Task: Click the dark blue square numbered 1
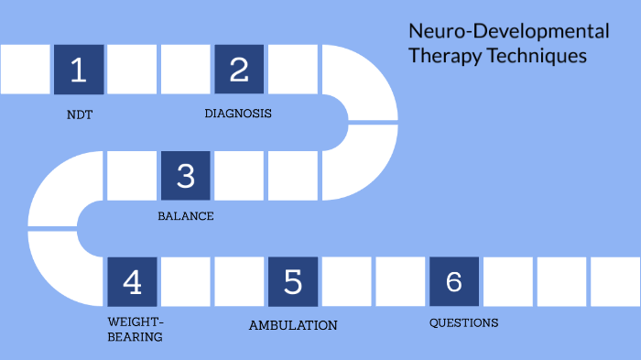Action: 79,70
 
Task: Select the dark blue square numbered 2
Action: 239,70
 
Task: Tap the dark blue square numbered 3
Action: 186,176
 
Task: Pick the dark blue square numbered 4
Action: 132,282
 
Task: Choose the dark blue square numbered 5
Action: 293,282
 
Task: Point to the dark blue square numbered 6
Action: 454,282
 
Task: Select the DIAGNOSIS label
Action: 238,114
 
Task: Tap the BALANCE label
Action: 186,216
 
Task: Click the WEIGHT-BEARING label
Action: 136,329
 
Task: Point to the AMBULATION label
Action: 293,325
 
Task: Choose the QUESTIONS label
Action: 464,322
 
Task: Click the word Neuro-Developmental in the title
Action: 508,32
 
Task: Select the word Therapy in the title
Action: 441,56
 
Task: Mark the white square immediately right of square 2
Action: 293,70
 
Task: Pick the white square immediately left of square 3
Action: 132,176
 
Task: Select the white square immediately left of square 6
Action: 400,282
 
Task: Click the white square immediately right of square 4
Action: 186,282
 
